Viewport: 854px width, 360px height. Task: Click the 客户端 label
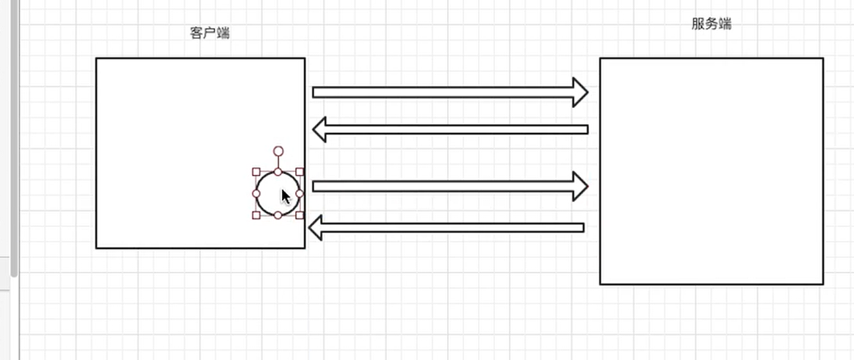(210, 32)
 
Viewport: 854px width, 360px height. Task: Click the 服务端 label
(711, 24)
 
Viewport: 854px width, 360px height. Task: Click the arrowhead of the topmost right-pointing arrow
(581, 92)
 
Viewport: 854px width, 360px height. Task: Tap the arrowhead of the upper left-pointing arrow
(320, 130)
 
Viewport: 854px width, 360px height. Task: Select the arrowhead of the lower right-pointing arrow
(581, 187)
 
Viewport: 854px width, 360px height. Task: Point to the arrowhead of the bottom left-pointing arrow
(316, 228)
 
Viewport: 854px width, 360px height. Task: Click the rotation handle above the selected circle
(278, 151)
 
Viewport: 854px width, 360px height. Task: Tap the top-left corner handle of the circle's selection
(256, 172)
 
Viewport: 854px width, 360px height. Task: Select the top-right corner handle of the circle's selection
(300, 172)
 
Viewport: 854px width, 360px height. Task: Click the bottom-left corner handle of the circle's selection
(256, 215)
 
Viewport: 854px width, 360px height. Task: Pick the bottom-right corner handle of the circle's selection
(300, 215)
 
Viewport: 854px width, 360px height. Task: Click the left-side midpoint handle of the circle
(256, 193)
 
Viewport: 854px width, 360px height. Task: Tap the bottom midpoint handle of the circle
(278, 215)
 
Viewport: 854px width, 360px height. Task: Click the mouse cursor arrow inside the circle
(286, 196)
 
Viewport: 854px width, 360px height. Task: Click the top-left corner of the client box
(96, 58)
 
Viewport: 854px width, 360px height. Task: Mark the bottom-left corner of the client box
(96, 248)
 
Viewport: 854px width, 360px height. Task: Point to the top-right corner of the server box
(822, 58)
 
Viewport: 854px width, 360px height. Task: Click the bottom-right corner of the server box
(822, 284)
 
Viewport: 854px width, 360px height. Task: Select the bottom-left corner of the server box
(600, 284)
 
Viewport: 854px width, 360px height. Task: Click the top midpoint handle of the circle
(278, 172)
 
